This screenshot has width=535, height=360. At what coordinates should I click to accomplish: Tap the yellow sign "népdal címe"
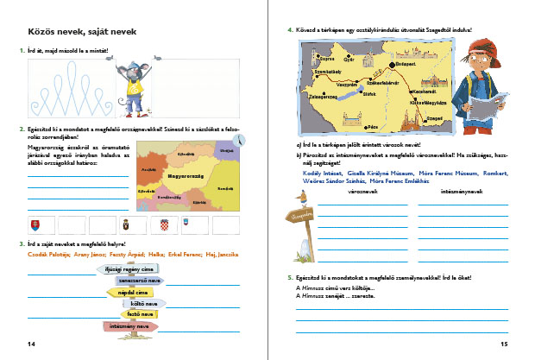(x=121, y=293)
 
